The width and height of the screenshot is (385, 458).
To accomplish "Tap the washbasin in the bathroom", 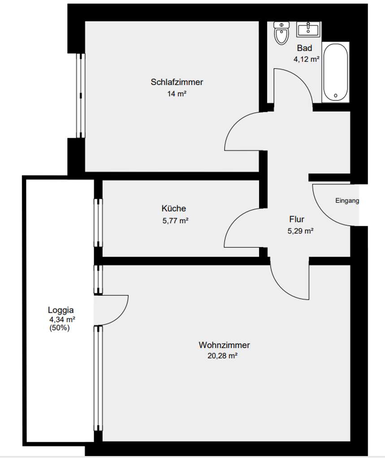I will (x=308, y=29).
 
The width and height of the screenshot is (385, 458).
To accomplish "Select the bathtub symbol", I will (x=335, y=72).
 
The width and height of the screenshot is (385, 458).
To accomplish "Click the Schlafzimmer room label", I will (x=177, y=82).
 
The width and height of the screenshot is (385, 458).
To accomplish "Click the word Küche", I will (x=174, y=208).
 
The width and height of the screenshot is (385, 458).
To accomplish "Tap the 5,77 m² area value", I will (x=175, y=220).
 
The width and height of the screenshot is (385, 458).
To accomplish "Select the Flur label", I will (x=297, y=220).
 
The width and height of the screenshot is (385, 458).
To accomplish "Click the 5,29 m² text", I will (x=300, y=231).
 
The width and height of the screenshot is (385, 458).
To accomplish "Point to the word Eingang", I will (x=347, y=201).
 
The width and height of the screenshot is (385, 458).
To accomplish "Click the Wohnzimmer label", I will (x=224, y=345).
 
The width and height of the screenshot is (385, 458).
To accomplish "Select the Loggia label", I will (x=61, y=310).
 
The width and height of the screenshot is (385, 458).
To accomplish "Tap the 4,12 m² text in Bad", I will (x=307, y=59).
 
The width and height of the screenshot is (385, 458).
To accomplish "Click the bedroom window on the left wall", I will (x=80, y=96).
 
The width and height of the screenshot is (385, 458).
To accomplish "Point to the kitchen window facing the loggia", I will (x=98, y=222).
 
